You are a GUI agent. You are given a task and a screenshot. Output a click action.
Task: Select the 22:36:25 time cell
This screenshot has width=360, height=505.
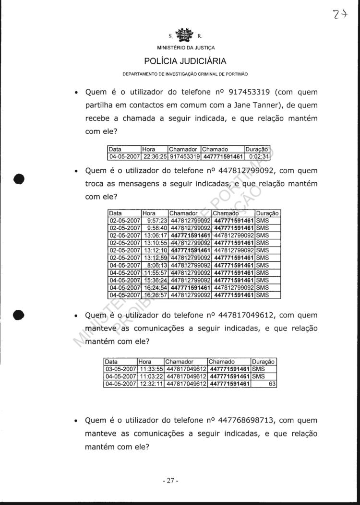point(155,156)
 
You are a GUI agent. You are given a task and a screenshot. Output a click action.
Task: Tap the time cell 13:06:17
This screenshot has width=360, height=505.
point(155,235)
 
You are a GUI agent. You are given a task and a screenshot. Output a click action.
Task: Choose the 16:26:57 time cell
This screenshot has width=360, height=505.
point(155,295)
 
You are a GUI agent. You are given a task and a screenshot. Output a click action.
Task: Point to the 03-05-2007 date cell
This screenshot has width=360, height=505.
point(120,369)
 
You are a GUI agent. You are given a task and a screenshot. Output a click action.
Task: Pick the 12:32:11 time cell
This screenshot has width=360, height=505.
point(150,384)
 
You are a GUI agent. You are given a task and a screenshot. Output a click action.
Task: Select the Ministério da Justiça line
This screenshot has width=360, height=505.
point(185,48)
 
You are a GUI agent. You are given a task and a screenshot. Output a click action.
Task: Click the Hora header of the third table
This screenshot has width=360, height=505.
point(145,362)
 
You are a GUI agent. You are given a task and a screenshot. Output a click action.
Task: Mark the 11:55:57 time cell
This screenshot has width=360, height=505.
point(155,273)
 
